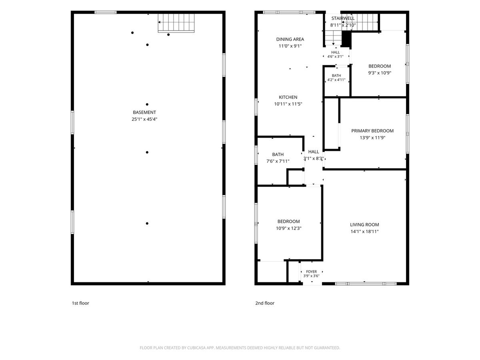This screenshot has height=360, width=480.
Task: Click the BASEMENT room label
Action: click(144, 112)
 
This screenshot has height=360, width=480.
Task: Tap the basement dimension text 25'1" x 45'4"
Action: click(144, 119)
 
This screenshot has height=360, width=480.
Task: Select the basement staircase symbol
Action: click(176, 23)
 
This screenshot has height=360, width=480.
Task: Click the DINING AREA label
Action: click(290, 39)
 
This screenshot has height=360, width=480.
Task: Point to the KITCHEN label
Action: click(288, 97)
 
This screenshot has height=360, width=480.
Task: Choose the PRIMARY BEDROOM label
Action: click(372, 131)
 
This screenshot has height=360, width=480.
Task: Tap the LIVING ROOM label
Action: click(364, 225)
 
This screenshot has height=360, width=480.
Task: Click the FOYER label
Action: click(311, 272)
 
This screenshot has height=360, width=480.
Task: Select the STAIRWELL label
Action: click(343, 18)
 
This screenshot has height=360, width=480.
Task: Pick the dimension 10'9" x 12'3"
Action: click(289, 228)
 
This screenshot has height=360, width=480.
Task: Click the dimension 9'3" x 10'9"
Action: click(380, 73)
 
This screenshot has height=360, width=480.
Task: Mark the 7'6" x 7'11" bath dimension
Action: click(278, 161)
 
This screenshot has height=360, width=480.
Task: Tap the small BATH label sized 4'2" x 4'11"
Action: click(336, 76)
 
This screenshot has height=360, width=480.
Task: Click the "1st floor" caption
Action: click(80, 303)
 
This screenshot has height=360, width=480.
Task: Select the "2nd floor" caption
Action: click(265, 303)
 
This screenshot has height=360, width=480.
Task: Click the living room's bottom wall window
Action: click(366, 284)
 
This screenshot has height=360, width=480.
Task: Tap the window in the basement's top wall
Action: click(106, 12)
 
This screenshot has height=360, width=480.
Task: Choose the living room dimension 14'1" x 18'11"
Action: click(364, 232)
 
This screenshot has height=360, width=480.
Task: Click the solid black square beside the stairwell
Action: click(346, 39)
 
